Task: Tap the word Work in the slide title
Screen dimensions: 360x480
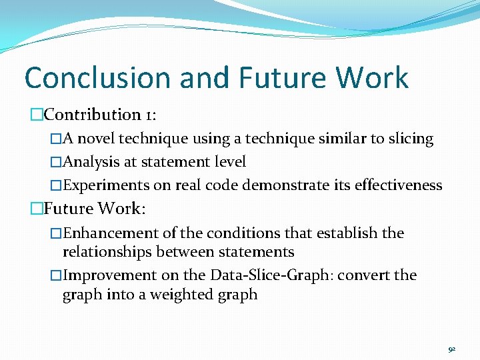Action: pos(371,78)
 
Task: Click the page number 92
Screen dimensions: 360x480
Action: pos(452,349)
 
